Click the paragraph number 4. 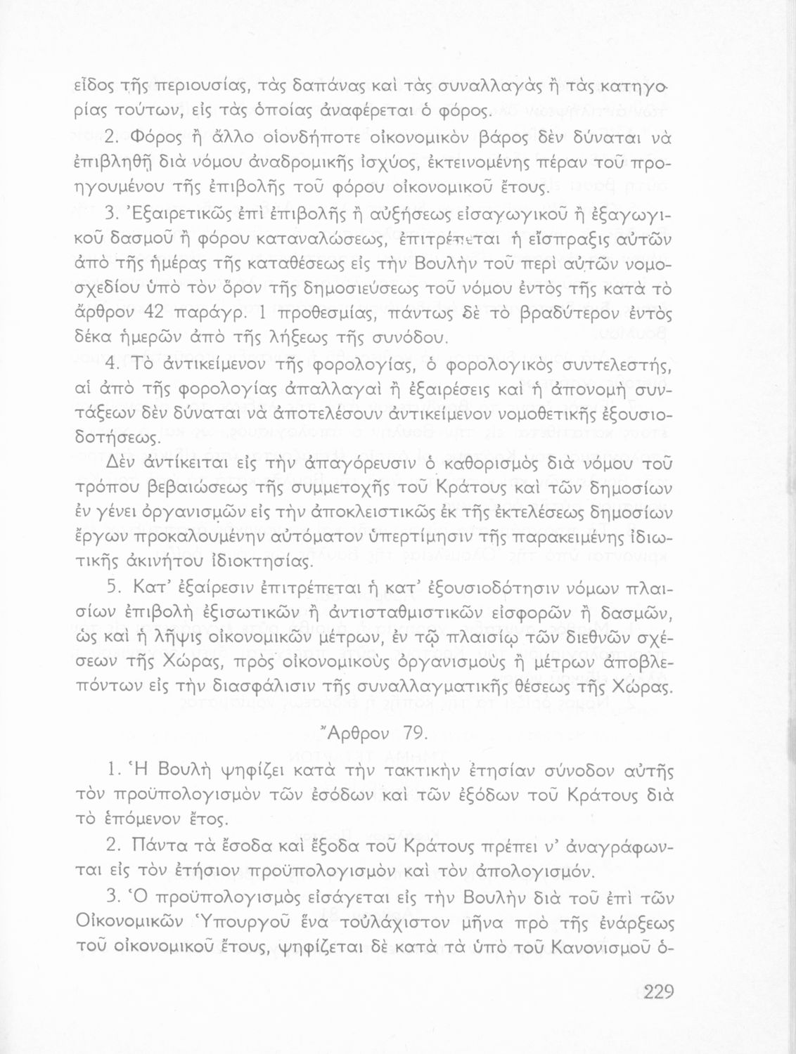click(114, 363)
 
